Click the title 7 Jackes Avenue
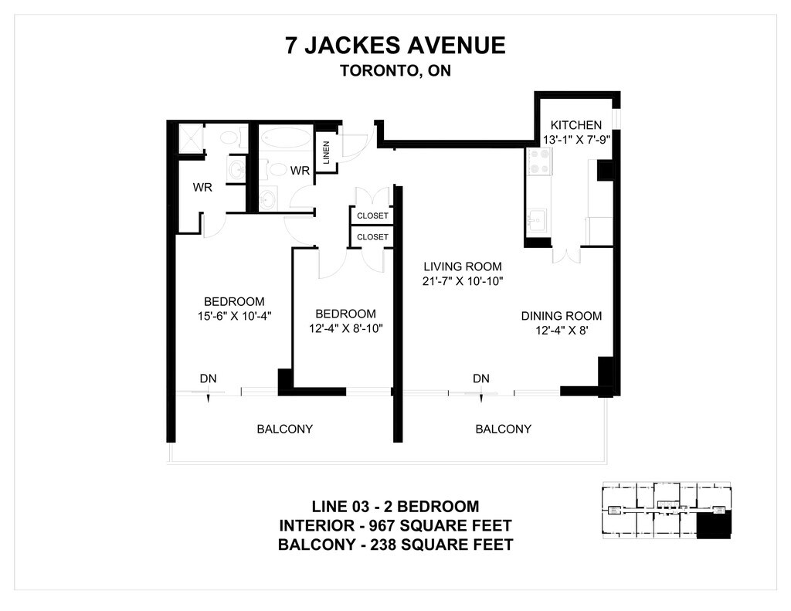(395, 46)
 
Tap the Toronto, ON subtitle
(395, 70)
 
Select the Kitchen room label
(576, 125)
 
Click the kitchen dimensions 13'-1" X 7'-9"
(577, 140)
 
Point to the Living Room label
(463, 266)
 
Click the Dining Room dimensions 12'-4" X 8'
(562, 331)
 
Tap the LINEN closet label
(326, 152)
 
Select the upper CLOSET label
(372, 216)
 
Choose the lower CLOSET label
(372, 237)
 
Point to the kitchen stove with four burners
(540, 162)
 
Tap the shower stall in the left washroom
(190, 137)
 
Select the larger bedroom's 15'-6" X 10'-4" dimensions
(235, 317)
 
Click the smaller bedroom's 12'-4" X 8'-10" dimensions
(346, 328)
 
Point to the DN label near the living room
(481, 378)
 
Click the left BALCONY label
(284, 429)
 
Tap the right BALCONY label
(503, 429)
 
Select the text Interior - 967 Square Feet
(395, 526)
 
